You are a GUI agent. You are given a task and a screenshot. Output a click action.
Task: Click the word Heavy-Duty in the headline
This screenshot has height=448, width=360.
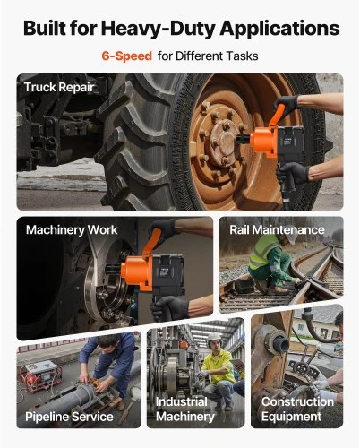[159, 29]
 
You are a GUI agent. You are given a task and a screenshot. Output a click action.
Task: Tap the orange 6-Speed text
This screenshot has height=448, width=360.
[127, 56]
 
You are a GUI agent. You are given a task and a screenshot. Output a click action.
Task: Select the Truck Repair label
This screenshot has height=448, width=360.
[59, 87]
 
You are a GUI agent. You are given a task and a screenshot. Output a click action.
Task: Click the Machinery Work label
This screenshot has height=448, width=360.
[72, 229]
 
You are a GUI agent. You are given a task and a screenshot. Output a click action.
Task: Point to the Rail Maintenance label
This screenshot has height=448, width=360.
[277, 229]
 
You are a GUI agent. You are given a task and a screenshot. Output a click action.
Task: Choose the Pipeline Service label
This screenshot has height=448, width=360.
[69, 417]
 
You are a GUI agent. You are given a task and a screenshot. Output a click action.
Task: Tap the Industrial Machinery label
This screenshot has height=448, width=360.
[185, 409]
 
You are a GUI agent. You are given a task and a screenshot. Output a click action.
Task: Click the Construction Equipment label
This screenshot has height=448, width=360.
[297, 409]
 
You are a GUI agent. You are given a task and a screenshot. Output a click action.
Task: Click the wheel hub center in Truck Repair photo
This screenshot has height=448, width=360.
[225, 139]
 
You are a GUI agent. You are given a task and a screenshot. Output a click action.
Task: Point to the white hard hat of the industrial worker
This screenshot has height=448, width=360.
[214, 337]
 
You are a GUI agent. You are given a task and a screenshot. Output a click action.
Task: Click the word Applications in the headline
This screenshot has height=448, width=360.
[279, 29]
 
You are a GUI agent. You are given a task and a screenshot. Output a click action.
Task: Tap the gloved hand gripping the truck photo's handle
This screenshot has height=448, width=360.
[287, 104]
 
